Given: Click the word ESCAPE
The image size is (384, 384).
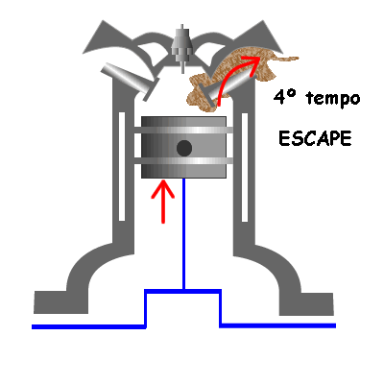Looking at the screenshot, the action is (x=315, y=139).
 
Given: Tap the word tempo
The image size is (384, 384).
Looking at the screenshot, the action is (x=333, y=98).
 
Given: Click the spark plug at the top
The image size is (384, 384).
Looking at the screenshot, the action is (x=182, y=48).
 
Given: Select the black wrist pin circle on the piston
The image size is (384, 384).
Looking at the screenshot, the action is (x=184, y=148).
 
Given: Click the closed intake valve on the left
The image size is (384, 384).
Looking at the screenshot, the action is (x=130, y=80).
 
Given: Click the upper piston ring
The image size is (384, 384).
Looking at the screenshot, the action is (x=183, y=131).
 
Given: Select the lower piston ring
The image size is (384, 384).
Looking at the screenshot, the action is (x=183, y=161).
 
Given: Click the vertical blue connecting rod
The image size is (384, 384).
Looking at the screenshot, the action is (x=184, y=233).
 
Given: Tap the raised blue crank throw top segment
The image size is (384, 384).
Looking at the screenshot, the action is (x=183, y=291).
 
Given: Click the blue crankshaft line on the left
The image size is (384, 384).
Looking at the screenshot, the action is (x=88, y=326).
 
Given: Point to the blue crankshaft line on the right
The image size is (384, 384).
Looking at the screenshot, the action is (x=277, y=325).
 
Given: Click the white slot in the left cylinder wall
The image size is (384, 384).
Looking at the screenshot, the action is (x=122, y=166).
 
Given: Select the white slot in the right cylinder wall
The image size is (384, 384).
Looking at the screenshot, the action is (x=245, y=167).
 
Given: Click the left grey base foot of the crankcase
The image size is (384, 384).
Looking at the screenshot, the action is (x=60, y=302).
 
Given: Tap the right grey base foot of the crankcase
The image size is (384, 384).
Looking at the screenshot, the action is (x=306, y=303).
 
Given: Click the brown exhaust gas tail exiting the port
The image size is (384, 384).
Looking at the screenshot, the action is (x=286, y=60).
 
